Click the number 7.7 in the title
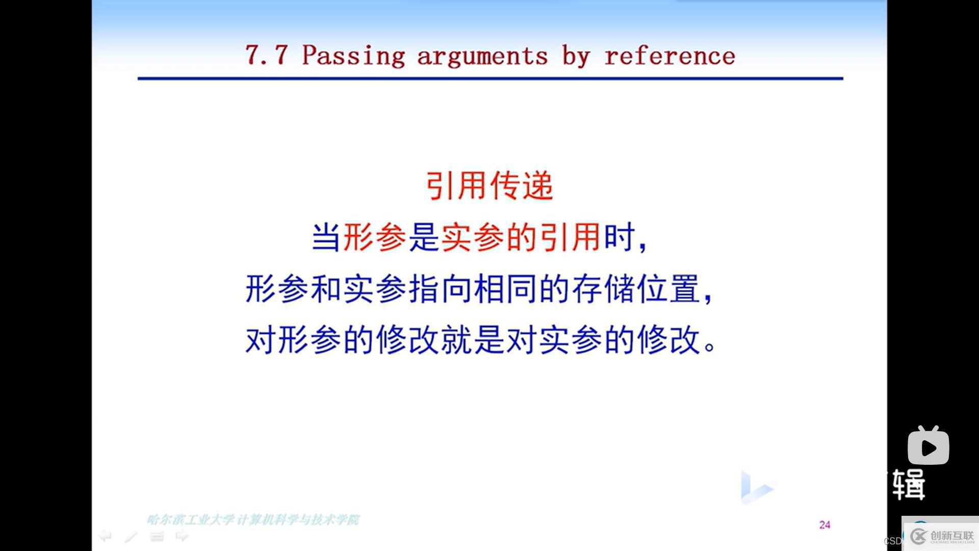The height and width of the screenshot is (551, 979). (266, 55)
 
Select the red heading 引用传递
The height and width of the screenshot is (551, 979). (489, 186)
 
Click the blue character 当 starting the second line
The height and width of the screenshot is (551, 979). (326, 237)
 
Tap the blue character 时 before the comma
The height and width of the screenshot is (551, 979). (619, 237)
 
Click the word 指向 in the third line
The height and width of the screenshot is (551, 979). (440, 289)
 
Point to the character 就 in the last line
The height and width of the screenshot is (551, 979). (456, 340)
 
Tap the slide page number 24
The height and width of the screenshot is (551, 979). (825, 524)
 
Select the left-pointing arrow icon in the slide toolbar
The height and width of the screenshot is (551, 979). (105, 536)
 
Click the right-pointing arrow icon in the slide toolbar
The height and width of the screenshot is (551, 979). (182, 536)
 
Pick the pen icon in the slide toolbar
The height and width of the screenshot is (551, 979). (131, 536)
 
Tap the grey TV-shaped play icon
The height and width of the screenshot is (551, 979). (928, 446)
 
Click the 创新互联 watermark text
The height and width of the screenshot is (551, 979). (951, 535)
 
